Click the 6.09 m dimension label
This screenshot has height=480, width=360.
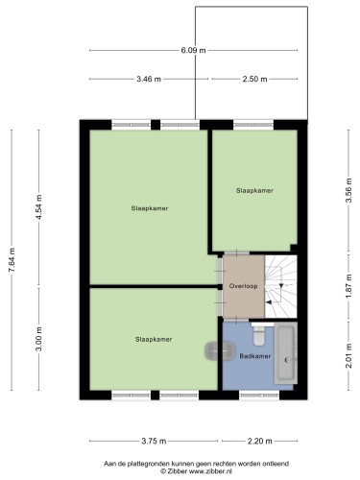point(193,50)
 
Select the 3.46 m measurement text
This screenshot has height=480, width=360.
point(149,79)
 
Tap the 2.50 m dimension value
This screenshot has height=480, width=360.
point(254,79)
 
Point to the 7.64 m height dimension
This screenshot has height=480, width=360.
point(12,260)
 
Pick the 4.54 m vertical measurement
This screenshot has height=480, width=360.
point(38,207)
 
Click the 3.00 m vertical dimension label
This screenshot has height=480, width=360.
point(38,339)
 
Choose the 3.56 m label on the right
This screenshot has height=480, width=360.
point(348,190)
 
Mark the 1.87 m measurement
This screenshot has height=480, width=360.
point(348,286)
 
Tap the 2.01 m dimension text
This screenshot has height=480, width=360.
point(348,355)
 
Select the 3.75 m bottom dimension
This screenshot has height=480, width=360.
point(154,441)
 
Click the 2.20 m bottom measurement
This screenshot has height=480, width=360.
point(259,441)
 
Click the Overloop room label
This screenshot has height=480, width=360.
point(244,286)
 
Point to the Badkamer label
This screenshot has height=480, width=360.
point(255,356)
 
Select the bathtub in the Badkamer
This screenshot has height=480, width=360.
point(285,353)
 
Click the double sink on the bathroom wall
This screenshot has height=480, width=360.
point(221,350)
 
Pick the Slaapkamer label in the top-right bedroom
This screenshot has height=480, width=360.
point(254,190)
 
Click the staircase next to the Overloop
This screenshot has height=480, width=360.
point(281,286)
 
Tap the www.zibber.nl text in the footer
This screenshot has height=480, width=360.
point(210,471)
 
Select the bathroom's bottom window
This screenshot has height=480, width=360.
point(259,396)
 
